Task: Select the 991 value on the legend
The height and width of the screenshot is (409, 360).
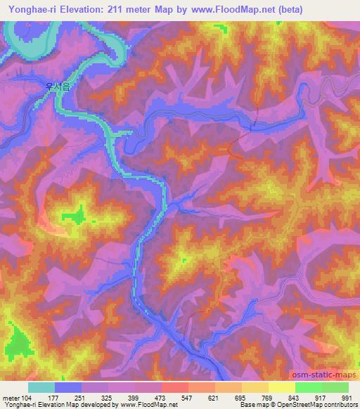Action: [345, 398]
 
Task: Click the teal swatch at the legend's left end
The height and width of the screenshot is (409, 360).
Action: [41, 388]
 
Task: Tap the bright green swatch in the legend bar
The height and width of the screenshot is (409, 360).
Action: [308, 388]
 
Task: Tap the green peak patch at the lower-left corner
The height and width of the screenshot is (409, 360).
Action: [19, 344]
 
